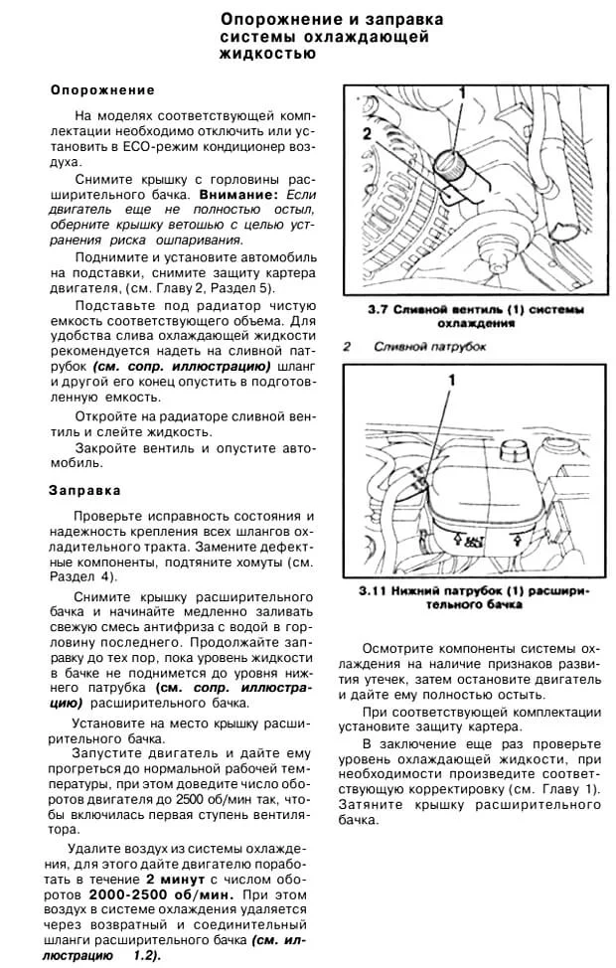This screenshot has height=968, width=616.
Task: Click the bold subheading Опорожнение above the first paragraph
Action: pyautogui.click(x=102, y=89)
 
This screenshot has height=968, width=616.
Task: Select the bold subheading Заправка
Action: pyautogui.click(x=84, y=490)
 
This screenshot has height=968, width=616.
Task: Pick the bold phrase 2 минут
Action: pyautogui.click(x=177, y=880)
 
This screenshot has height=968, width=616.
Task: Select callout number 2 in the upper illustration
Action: pyautogui.click(x=367, y=131)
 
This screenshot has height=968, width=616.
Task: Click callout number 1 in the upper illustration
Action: pyautogui.click(x=461, y=92)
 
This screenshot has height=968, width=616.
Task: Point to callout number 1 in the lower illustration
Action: pyautogui.click(x=451, y=380)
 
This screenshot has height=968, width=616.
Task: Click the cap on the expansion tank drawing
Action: pyautogui.click(x=514, y=449)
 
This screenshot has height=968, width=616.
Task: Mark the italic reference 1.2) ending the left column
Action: pyautogui.click(x=145, y=954)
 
